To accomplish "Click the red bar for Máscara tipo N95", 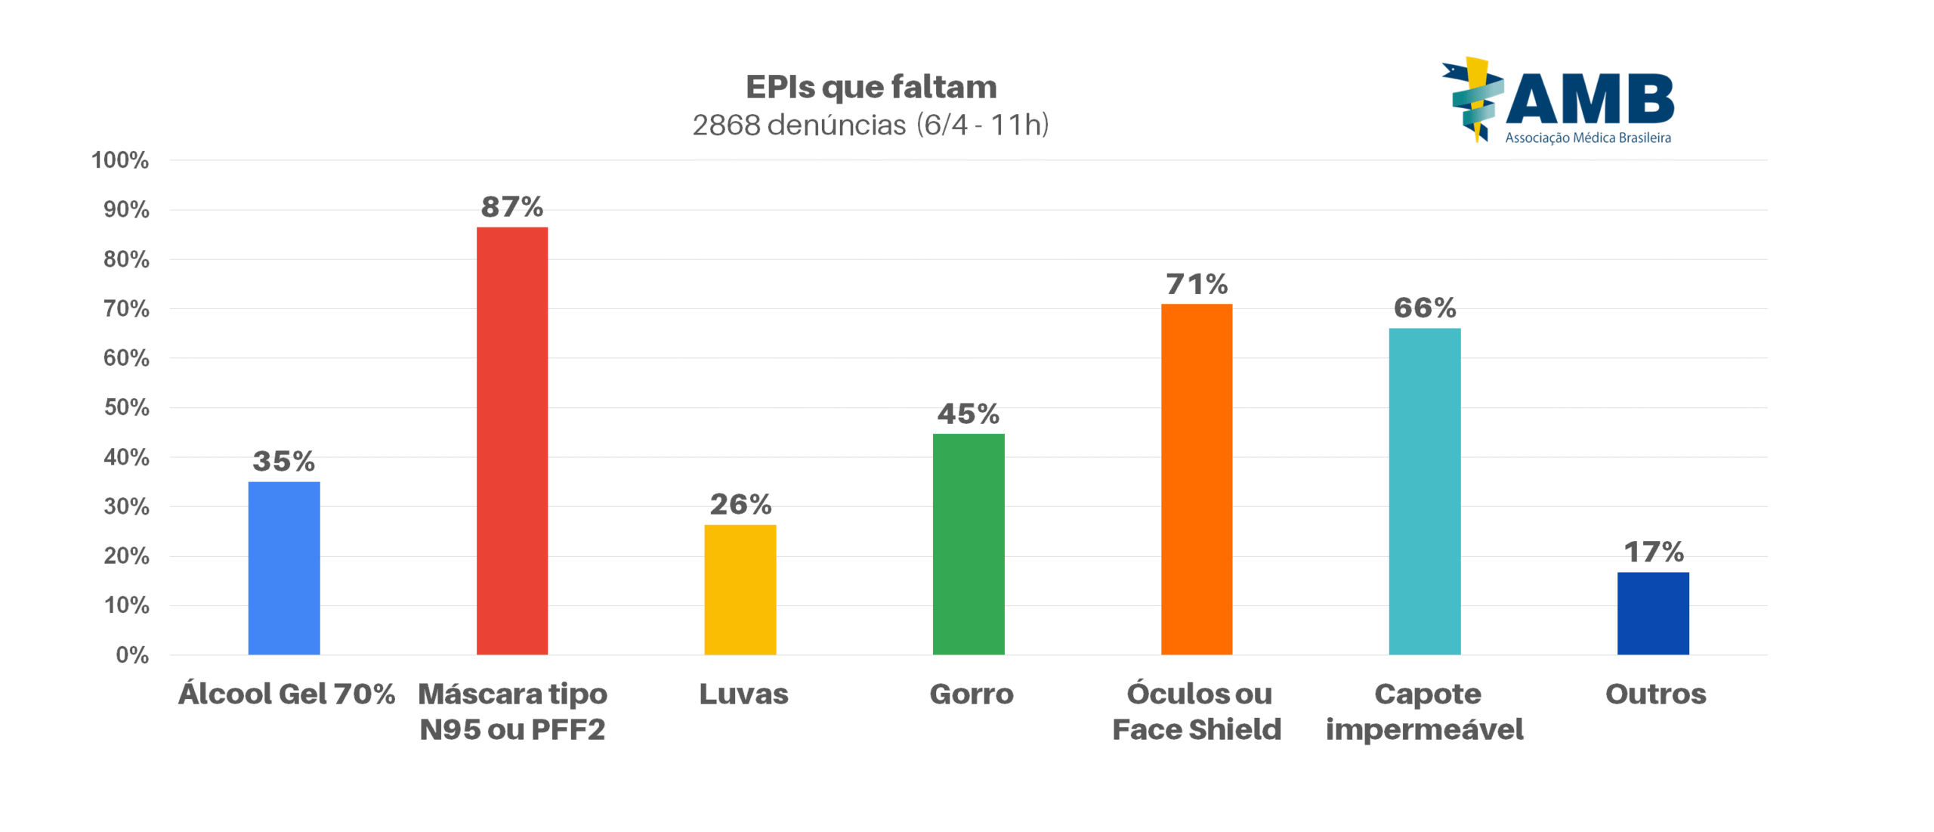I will pyautogui.click(x=511, y=440).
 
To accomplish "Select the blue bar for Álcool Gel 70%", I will pyautogui.click(x=283, y=568).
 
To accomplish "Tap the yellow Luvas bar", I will pyautogui.click(x=740, y=589).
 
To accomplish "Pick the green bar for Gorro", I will pyautogui.click(x=968, y=543).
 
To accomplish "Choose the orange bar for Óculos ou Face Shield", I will pyautogui.click(x=1196, y=478).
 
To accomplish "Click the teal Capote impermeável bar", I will pyautogui.click(x=1424, y=490).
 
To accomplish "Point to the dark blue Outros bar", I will pyautogui.click(x=1652, y=612).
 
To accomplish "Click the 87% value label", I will pyautogui.click(x=511, y=206).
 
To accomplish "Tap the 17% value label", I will pyautogui.click(x=1653, y=552).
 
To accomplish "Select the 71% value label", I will pyautogui.click(x=1196, y=284).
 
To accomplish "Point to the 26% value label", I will pyautogui.click(x=740, y=504).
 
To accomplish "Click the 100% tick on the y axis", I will pyautogui.click(x=119, y=160).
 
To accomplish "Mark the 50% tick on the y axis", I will pyautogui.click(x=125, y=407).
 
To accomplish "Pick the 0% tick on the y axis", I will pyautogui.click(x=131, y=654).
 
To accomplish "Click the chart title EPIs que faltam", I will pyautogui.click(x=870, y=87).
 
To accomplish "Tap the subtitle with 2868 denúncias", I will pyautogui.click(x=870, y=125).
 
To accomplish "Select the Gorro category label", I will pyautogui.click(x=971, y=693).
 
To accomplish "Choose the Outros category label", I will pyautogui.click(x=1654, y=693).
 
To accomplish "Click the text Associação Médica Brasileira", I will pyautogui.click(x=1587, y=138).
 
